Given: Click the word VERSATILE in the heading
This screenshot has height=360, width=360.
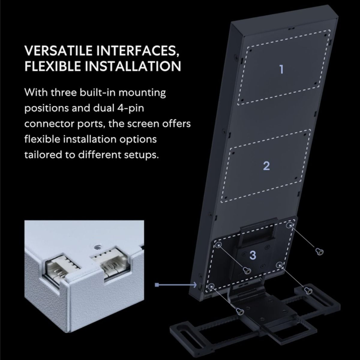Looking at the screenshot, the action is pyautogui.click(x=58, y=51).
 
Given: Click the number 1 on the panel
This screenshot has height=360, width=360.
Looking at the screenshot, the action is pyautogui.click(x=281, y=69).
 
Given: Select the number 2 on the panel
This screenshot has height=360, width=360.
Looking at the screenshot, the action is pyautogui.click(x=266, y=166).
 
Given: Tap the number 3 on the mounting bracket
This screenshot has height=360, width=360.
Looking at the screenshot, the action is pyautogui.click(x=253, y=255).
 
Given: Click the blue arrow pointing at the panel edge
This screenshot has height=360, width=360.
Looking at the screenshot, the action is pyautogui.click(x=176, y=285).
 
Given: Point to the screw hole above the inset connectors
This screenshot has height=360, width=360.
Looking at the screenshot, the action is pyautogui.click(x=97, y=247).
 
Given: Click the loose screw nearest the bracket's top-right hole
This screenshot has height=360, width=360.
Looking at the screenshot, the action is pyautogui.click(x=319, y=251).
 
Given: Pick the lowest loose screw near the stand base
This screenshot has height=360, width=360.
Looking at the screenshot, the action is pyautogui.click(x=240, y=312).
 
